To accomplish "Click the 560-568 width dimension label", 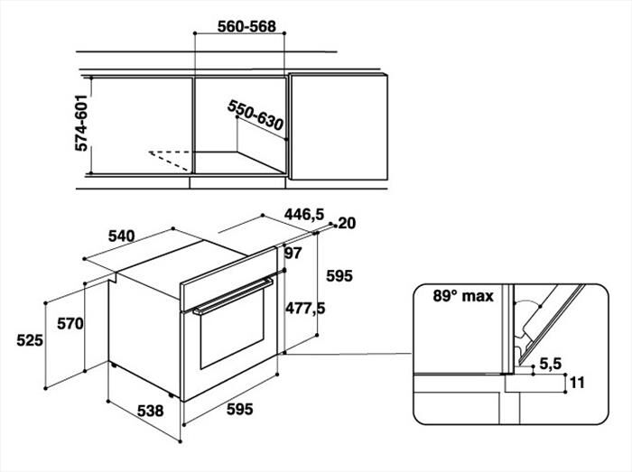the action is pos(246,26).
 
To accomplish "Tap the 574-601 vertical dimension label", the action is pos(81,123).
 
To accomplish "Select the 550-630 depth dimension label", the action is pos(256,116).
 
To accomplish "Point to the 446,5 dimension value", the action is pos(304,214).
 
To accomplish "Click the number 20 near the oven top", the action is pos(347,223).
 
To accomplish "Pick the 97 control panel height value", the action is pos(293,254).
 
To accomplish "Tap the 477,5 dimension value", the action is pos(305,309).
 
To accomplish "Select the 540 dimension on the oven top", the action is pos(122,236).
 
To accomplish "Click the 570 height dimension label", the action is pos(70,323).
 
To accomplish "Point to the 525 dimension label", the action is pos(30,340).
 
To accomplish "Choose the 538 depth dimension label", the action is pos(151,411).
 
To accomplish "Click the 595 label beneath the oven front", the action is pos(240,409).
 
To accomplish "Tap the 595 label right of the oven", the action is pos(339,276).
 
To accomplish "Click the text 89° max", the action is pos(463,296).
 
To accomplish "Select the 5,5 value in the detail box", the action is pos(551,364).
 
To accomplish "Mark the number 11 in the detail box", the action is pos(577,382).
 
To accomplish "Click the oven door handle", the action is pos(233,296).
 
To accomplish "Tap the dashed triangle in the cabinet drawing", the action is pos(170,161).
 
